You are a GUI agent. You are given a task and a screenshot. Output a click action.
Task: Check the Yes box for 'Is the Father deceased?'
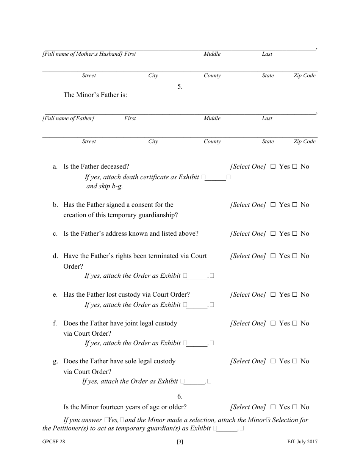273,167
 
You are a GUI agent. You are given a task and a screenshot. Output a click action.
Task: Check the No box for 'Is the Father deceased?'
294,167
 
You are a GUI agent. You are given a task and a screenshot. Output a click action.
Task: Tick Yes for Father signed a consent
273,205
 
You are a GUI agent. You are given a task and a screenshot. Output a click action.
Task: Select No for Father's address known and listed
294,234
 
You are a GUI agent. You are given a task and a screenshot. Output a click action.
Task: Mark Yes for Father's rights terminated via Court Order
273,256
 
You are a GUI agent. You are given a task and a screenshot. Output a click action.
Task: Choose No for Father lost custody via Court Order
294,295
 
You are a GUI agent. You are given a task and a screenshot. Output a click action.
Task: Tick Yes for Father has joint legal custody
273,324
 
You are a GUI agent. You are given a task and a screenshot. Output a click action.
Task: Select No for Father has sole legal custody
294,361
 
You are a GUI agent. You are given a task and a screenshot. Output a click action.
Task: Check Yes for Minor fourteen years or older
273,407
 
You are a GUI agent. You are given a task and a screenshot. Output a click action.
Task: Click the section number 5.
180,86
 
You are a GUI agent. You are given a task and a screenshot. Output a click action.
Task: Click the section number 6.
180,396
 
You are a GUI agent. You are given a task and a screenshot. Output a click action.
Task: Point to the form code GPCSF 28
53,441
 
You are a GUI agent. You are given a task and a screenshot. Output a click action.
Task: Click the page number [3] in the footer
180,441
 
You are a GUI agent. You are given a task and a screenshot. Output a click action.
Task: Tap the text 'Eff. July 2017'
302,441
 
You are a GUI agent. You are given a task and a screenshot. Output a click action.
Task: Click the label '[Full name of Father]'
68,119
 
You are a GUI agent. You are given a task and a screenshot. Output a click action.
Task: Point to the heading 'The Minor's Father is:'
95,95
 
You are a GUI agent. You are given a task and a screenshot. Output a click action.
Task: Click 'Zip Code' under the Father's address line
304,142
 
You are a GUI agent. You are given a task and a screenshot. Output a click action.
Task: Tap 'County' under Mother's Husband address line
212,76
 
